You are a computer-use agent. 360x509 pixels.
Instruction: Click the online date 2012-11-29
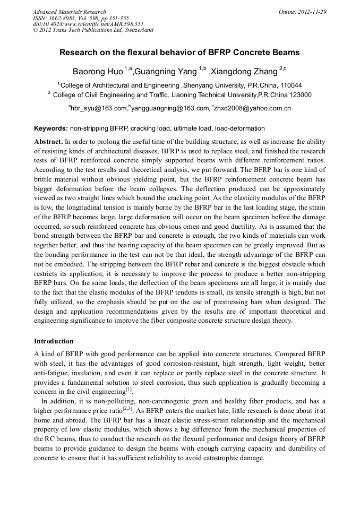(x=312, y=12)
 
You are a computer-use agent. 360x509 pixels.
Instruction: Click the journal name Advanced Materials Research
(x=69, y=12)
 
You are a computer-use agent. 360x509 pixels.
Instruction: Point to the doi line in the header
(x=88, y=24)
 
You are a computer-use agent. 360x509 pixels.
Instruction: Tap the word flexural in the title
(x=147, y=53)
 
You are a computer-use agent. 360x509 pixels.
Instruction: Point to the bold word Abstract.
(x=48, y=142)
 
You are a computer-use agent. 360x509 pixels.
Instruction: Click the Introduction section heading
(x=54, y=341)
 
